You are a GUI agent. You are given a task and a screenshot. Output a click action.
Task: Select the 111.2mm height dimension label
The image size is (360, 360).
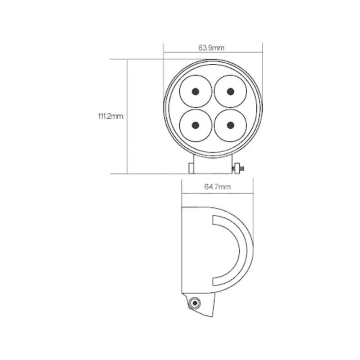coord(111,116)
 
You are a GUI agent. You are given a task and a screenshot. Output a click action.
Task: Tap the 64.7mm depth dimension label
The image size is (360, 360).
coord(217,186)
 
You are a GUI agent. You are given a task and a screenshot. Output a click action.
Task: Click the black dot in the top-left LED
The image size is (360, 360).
coord(195,91)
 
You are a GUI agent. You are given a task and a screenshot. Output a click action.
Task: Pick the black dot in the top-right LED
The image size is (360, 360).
coord(230,91)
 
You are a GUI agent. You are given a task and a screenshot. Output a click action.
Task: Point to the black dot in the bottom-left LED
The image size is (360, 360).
coord(195,125)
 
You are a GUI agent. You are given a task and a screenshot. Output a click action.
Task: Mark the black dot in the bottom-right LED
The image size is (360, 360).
coord(230,125)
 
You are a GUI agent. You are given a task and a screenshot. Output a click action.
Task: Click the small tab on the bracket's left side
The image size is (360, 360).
coord(191,168)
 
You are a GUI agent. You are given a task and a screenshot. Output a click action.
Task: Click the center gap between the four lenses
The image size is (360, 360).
coord(213,108)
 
